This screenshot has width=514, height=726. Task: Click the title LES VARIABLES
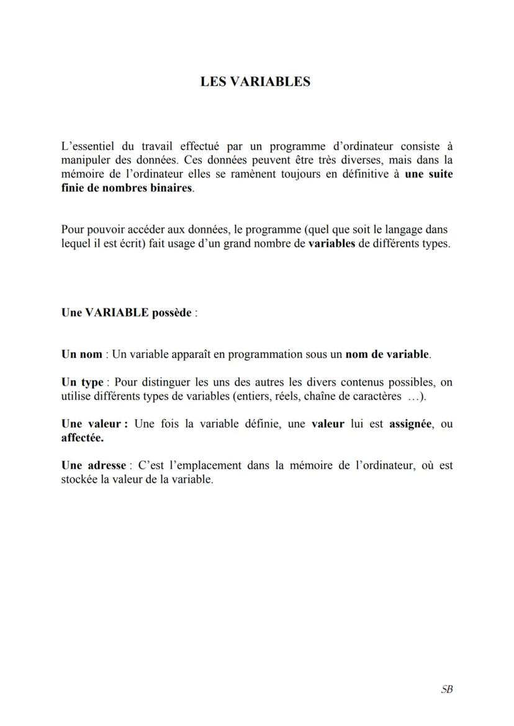pyautogui.click(x=255, y=82)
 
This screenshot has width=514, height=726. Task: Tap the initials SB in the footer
pyautogui.click(x=446, y=689)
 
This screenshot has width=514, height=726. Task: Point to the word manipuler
pyautogui.click(x=84, y=161)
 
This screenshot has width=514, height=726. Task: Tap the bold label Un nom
pyautogui.click(x=81, y=355)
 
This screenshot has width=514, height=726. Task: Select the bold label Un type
pyautogui.click(x=82, y=382)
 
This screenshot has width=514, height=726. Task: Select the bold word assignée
pyautogui.click(x=410, y=424)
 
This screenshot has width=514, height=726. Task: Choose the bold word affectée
pyautogui.click(x=83, y=438)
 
